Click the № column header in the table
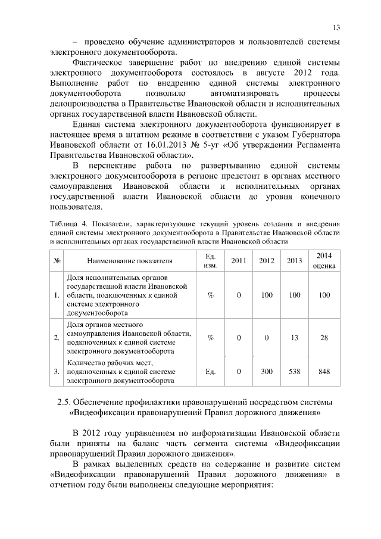pyautogui.click(x=57, y=261)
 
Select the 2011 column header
pyautogui.click(x=238, y=261)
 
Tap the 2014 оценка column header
pyautogui.click(x=324, y=261)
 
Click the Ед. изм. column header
pyautogui.click(x=210, y=261)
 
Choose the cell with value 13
pyautogui.click(x=294, y=338)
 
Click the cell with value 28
pyautogui.click(x=324, y=338)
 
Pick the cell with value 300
pyautogui.click(x=267, y=372)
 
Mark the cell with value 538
pyautogui.click(x=294, y=372)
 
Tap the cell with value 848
pyautogui.click(x=324, y=372)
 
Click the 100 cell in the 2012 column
pyautogui.click(x=267, y=295)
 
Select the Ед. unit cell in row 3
pyautogui.click(x=210, y=372)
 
